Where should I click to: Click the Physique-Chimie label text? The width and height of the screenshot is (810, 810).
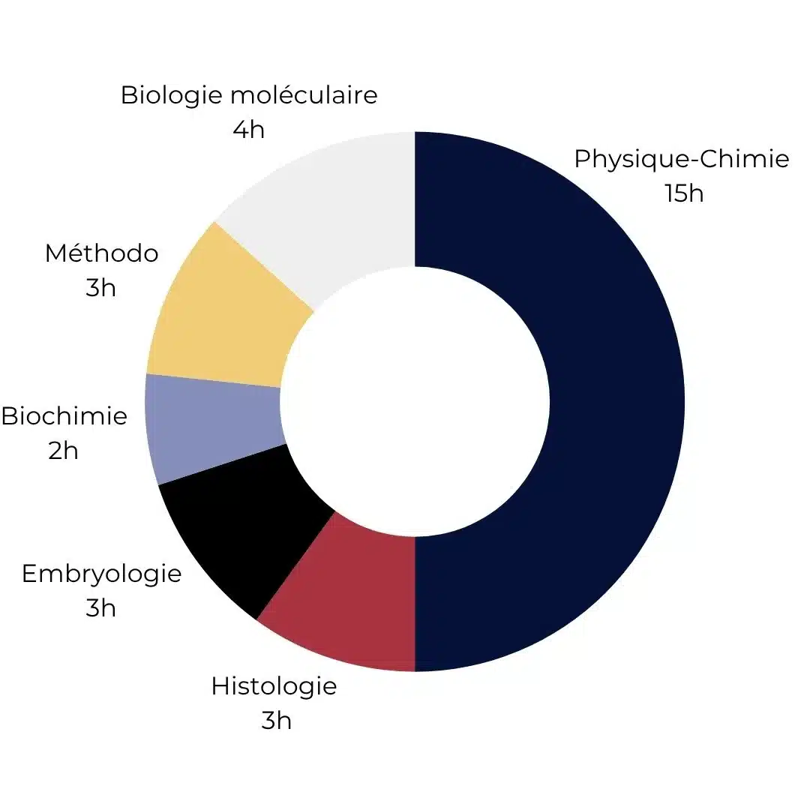click(681, 160)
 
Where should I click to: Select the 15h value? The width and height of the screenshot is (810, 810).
click(683, 193)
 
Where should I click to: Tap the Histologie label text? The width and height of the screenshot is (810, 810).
click(274, 686)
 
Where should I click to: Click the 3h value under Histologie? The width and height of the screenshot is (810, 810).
click(276, 721)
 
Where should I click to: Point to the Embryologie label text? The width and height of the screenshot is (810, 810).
click(101, 574)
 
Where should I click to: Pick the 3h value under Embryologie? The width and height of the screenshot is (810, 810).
click(100, 607)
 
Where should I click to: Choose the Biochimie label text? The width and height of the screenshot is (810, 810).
click(64, 416)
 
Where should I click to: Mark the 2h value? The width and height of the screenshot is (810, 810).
click(63, 451)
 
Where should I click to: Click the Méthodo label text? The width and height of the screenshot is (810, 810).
click(101, 253)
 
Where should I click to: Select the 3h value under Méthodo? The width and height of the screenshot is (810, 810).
click(100, 287)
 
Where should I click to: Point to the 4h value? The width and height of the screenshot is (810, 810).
click(248, 130)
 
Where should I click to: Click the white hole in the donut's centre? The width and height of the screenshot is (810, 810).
click(415, 401)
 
